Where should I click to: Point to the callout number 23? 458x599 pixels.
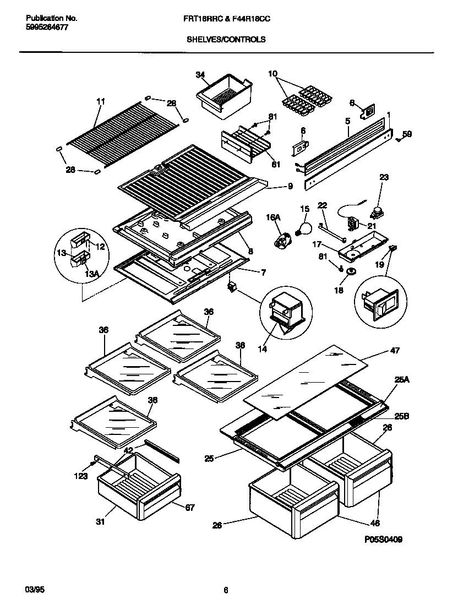tap(384, 177)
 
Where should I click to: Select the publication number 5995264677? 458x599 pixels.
tap(47, 27)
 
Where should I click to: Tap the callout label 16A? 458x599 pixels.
tap(274, 219)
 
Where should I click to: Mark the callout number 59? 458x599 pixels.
tap(407, 133)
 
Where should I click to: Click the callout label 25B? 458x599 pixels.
tap(402, 416)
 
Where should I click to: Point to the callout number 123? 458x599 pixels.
tap(81, 476)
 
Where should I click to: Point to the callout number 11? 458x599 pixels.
tap(100, 101)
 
